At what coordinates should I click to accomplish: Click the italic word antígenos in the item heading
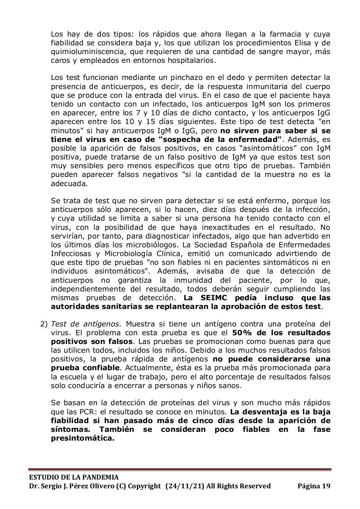(84, 324)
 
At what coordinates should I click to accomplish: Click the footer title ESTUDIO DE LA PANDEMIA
(74, 477)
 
